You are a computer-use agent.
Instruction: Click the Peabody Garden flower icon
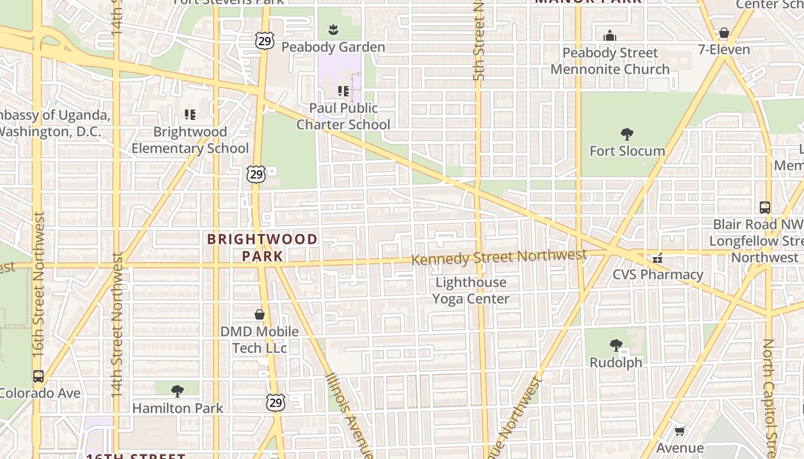coord(333,30)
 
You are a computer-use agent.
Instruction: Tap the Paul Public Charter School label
coord(343,116)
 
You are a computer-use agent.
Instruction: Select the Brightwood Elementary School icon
coord(190,115)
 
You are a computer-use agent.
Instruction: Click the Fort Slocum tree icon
coord(627,134)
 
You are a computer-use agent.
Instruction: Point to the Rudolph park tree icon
coord(616,345)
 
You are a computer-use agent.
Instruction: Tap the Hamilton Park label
coord(177,408)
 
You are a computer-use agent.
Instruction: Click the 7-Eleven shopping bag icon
coord(724,33)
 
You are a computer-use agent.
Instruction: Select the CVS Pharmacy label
coord(658,274)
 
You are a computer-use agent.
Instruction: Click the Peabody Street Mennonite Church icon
coord(610,36)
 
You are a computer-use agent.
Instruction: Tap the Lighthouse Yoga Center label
coord(470,290)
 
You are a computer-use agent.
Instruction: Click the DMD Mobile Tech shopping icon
coord(260,314)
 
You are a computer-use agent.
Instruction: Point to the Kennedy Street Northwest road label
coord(499,256)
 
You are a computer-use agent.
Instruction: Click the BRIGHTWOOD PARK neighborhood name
coord(262,247)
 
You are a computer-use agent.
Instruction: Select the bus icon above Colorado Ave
coord(38,376)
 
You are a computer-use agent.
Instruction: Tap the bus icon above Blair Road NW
coord(764,207)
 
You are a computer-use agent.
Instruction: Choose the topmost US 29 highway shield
coord(265,41)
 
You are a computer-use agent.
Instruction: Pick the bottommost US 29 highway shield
coord(276,403)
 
